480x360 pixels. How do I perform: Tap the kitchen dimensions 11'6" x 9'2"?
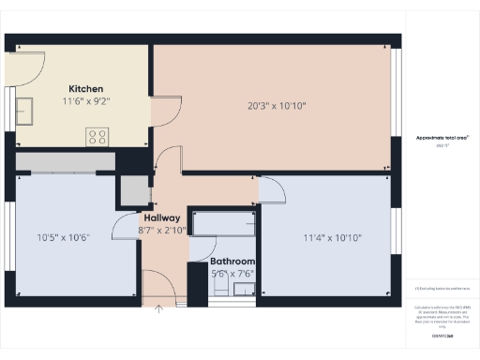(85, 101)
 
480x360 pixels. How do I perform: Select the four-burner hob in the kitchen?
(97, 136)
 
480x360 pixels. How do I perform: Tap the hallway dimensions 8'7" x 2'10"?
(161, 229)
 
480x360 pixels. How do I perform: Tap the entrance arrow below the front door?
(159, 306)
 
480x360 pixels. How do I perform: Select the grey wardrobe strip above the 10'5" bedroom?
(65, 161)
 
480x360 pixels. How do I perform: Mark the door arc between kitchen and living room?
(165, 111)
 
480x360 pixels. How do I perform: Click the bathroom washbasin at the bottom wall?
(231, 290)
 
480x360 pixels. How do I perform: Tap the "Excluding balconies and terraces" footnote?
(441, 289)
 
